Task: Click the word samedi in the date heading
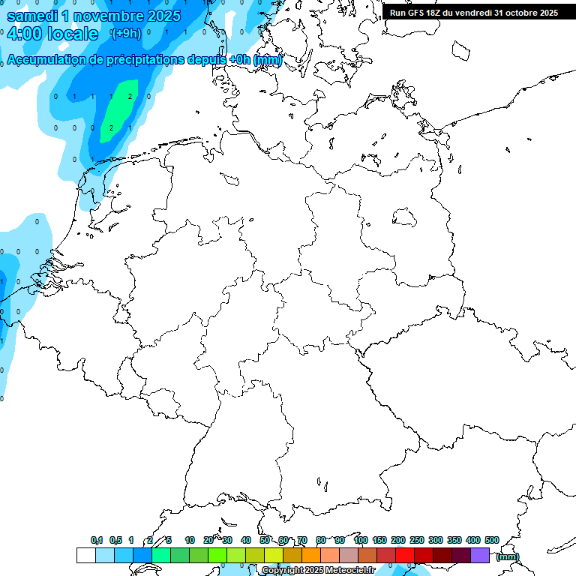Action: [x=33, y=16]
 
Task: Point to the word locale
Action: [x=74, y=34]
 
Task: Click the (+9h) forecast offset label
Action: [x=125, y=34]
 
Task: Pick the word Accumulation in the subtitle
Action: [x=46, y=60]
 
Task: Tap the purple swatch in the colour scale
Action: [x=480, y=555]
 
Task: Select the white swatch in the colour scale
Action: [x=85, y=555]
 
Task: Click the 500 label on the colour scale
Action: [x=492, y=541]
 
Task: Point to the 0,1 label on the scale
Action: [x=97, y=541]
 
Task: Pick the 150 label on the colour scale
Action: [x=379, y=541]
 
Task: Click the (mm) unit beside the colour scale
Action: [x=507, y=556]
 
